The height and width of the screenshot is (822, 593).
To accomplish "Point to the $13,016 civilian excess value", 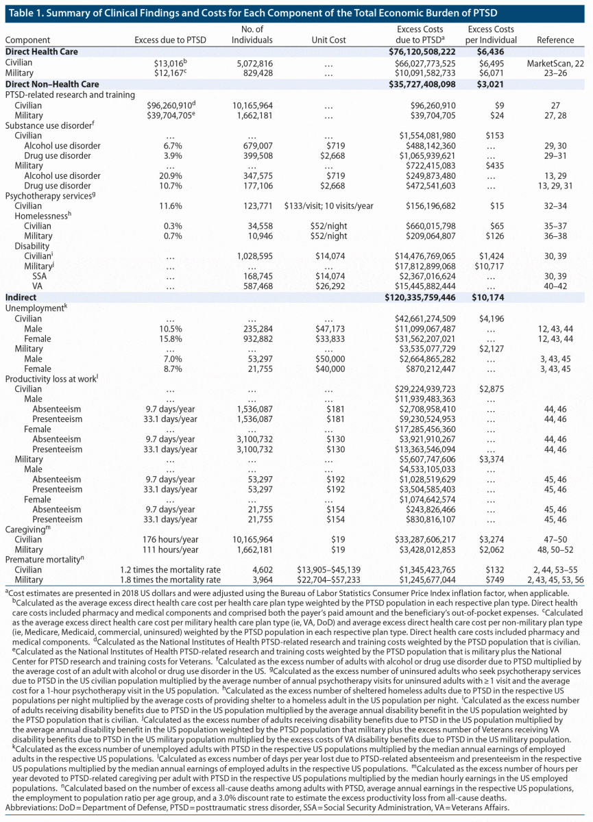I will [x=165, y=62].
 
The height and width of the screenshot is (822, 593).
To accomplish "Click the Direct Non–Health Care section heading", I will [x=51, y=84].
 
